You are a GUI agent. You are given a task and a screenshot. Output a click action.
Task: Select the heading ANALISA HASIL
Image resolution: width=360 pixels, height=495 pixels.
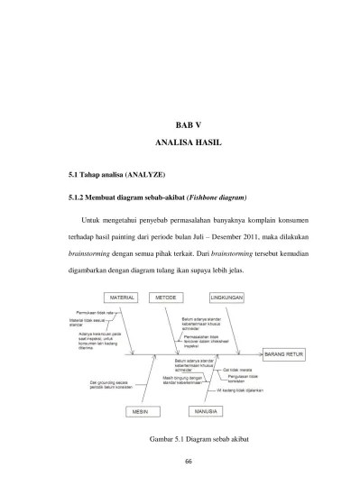180,144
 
